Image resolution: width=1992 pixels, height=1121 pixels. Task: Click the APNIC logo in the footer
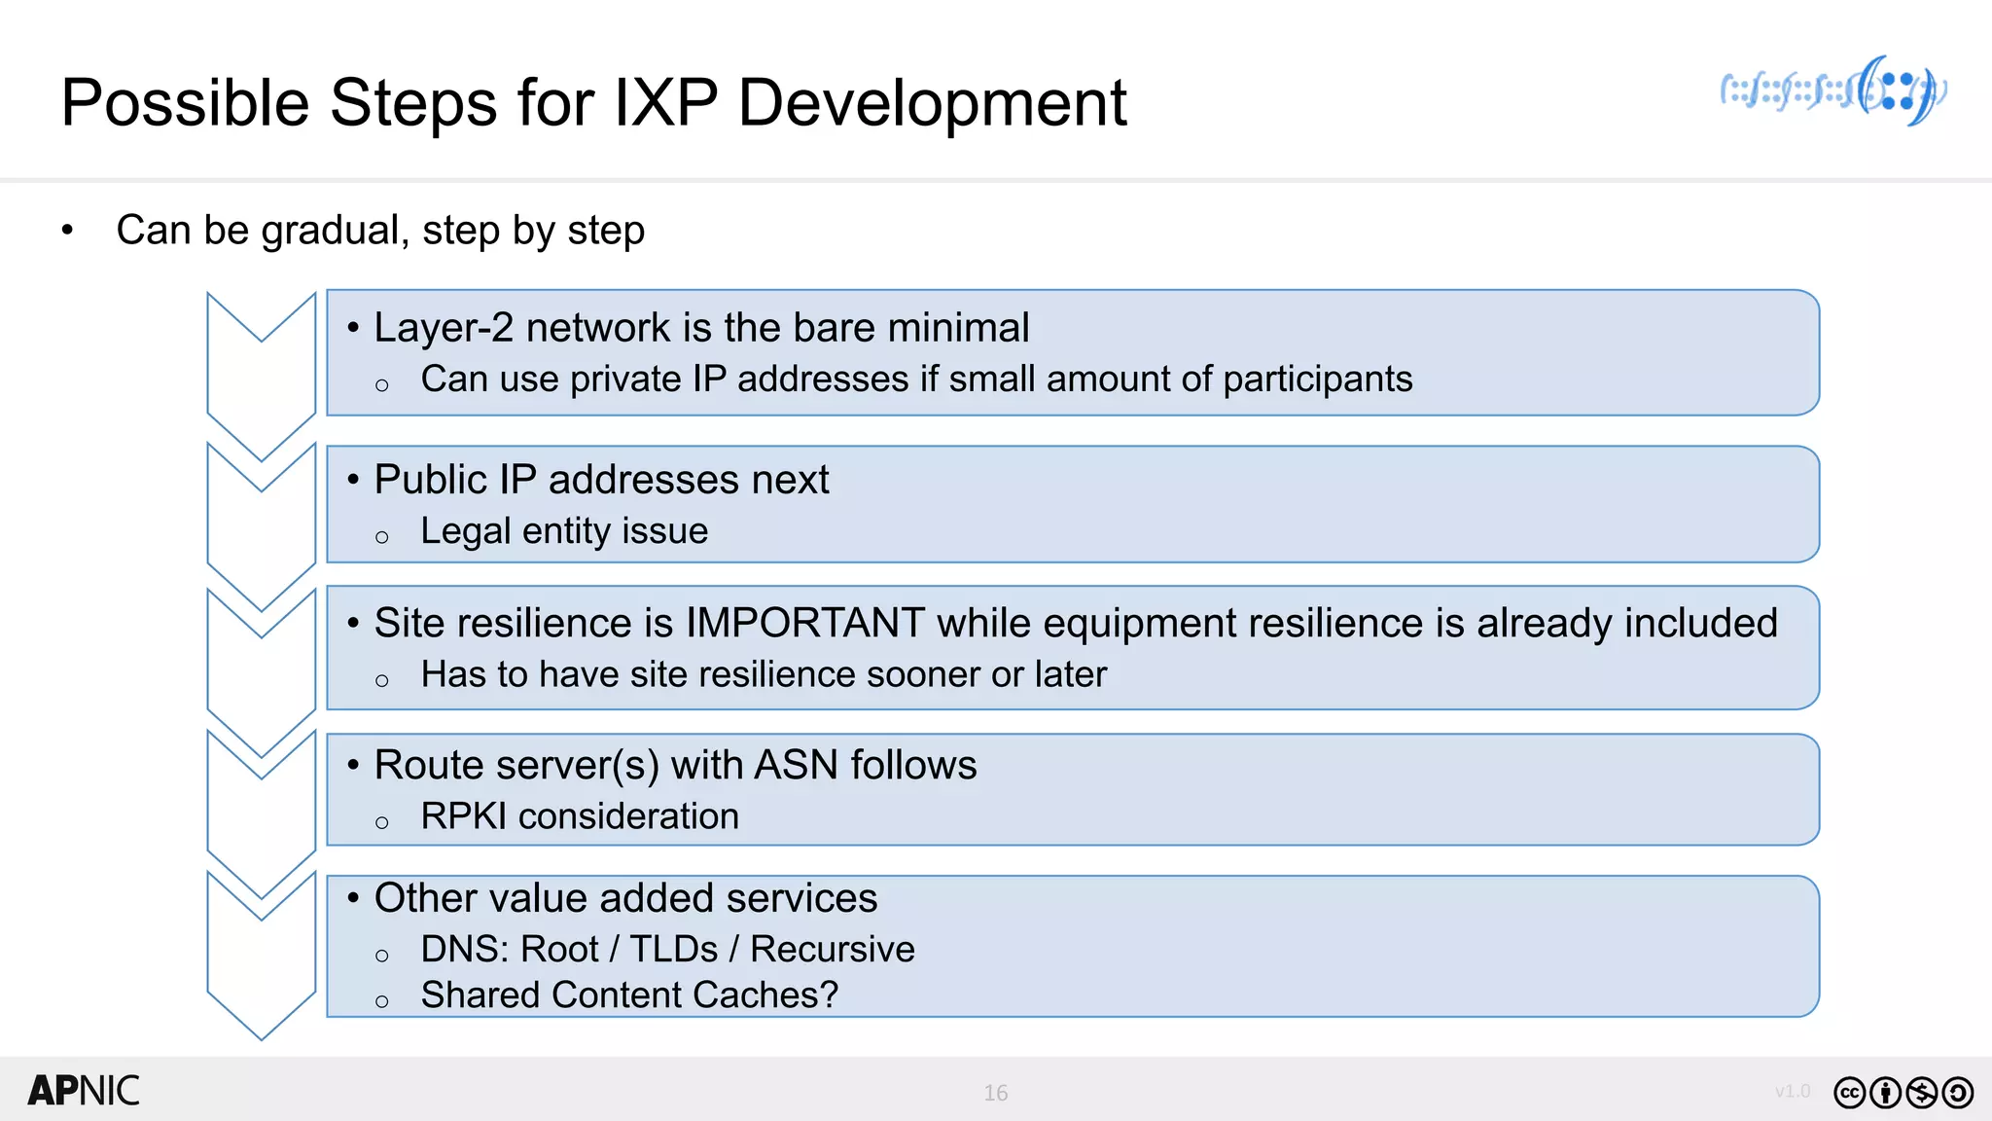point(84,1091)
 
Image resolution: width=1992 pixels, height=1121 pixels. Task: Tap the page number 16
point(995,1093)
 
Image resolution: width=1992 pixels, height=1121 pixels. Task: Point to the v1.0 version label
point(1792,1091)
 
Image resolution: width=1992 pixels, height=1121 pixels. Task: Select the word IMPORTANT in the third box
point(804,623)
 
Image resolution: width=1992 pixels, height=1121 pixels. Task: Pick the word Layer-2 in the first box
point(444,328)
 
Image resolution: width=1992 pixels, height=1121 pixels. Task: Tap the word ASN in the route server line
point(796,765)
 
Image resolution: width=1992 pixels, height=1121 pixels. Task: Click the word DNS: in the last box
point(461,949)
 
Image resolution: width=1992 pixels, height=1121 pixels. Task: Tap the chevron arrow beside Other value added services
point(261,954)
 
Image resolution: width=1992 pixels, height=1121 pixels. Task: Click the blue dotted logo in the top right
point(1832,91)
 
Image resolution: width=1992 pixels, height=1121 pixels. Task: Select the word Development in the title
point(932,103)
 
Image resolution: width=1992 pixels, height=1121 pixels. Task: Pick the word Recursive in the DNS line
point(832,949)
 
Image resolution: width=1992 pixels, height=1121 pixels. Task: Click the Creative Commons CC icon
point(1849,1093)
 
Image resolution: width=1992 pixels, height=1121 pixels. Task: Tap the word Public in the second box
point(430,480)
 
